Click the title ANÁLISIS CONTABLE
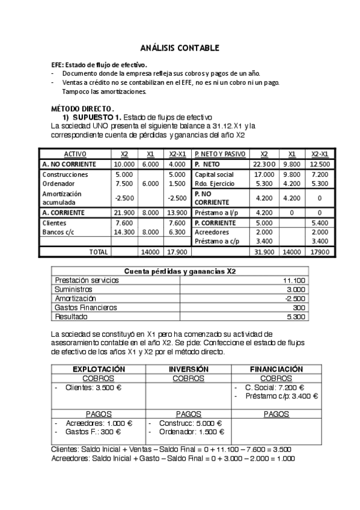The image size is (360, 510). click(x=180, y=48)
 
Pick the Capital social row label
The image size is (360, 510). click(x=215, y=174)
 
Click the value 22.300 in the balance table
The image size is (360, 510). click(x=264, y=164)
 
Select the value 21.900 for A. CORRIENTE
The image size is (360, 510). click(x=124, y=212)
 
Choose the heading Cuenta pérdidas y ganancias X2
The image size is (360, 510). click(x=180, y=271)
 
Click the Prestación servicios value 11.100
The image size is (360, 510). click(x=294, y=280)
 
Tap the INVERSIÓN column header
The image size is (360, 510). click(x=188, y=369)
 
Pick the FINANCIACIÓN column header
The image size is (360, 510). click(x=276, y=369)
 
